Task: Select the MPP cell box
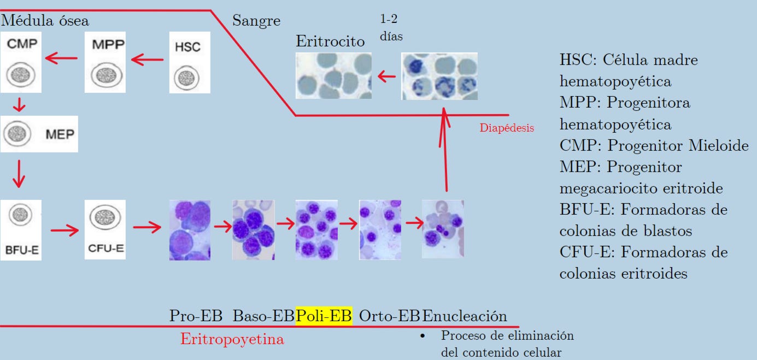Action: [105, 62]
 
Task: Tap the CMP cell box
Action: [21, 62]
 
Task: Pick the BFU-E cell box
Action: [21, 230]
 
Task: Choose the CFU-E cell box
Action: [105, 229]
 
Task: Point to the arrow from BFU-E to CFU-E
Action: [64, 230]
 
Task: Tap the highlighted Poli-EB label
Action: [324, 316]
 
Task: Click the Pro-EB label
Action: [196, 316]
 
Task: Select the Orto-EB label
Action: [390, 316]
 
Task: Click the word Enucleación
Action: [465, 316]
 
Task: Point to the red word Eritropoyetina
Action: [232, 339]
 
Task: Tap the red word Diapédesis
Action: [507, 128]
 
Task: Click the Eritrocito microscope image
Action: [333, 75]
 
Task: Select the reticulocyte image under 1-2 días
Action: [439, 76]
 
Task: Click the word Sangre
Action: [256, 21]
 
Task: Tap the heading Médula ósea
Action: [45, 21]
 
